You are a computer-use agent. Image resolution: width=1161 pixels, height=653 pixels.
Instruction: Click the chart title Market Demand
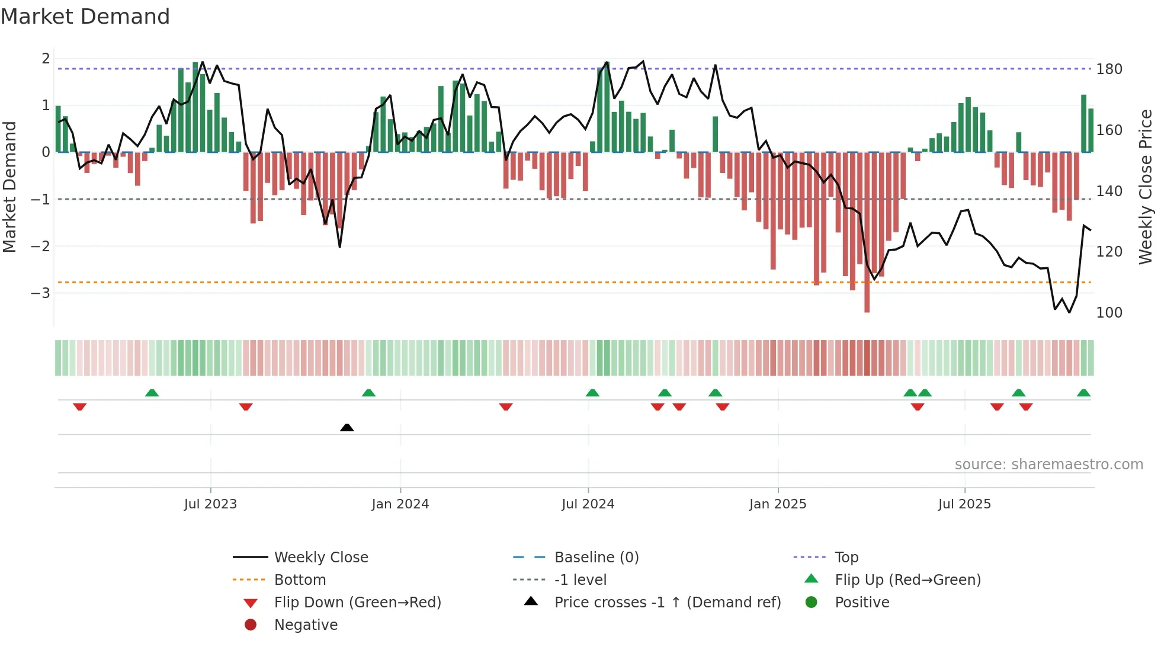85,17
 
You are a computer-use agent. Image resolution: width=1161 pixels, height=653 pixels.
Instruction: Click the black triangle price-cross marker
347,427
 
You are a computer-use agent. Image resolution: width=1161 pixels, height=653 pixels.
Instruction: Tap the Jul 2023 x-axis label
210,504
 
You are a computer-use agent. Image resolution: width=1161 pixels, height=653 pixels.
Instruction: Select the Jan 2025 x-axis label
777,504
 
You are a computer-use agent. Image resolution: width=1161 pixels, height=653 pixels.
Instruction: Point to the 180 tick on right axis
1109,69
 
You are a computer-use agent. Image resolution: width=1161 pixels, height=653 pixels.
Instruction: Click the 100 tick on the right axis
1109,312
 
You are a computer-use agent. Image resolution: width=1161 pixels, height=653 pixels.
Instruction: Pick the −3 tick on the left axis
40,293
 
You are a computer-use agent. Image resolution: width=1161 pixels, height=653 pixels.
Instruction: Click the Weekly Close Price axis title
1146,187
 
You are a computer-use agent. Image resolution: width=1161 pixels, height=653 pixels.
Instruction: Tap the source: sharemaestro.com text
1048,465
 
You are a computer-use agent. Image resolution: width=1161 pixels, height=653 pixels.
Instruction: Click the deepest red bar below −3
867,296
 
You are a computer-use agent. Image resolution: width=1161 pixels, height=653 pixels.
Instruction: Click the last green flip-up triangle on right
1083,393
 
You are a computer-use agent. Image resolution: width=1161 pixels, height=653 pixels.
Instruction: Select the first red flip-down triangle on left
79,406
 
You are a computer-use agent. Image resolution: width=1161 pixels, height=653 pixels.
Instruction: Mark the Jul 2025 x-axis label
964,504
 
